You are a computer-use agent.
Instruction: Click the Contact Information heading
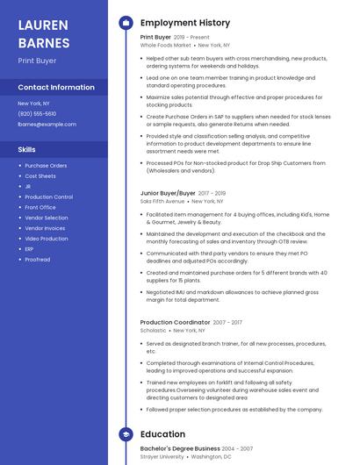[x=56, y=88]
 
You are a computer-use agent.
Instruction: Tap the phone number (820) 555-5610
[x=37, y=114]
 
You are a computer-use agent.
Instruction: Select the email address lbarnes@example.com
[x=47, y=125]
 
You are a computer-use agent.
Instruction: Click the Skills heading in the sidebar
[x=26, y=150]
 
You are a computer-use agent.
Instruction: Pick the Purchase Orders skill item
[x=46, y=165]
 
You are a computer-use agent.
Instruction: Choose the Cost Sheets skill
[x=40, y=175]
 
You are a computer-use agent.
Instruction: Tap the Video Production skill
[x=47, y=239]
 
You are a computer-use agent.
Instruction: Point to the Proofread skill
[x=38, y=260]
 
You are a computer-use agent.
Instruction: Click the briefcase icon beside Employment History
[x=126, y=23]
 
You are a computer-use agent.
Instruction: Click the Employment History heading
[x=184, y=23]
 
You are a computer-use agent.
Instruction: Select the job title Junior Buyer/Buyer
[x=168, y=192]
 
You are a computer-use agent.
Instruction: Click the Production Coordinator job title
[x=174, y=322]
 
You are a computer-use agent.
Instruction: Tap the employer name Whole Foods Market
[x=166, y=45]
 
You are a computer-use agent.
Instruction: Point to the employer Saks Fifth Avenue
[x=162, y=201]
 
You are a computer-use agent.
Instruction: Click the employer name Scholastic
[x=153, y=331]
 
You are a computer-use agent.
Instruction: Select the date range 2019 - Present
[x=191, y=38]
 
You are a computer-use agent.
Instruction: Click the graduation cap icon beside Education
[x=126, y=434]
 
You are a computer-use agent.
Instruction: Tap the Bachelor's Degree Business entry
[x=180, y=448]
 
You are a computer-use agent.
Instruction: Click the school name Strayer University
[x=162, y=457]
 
